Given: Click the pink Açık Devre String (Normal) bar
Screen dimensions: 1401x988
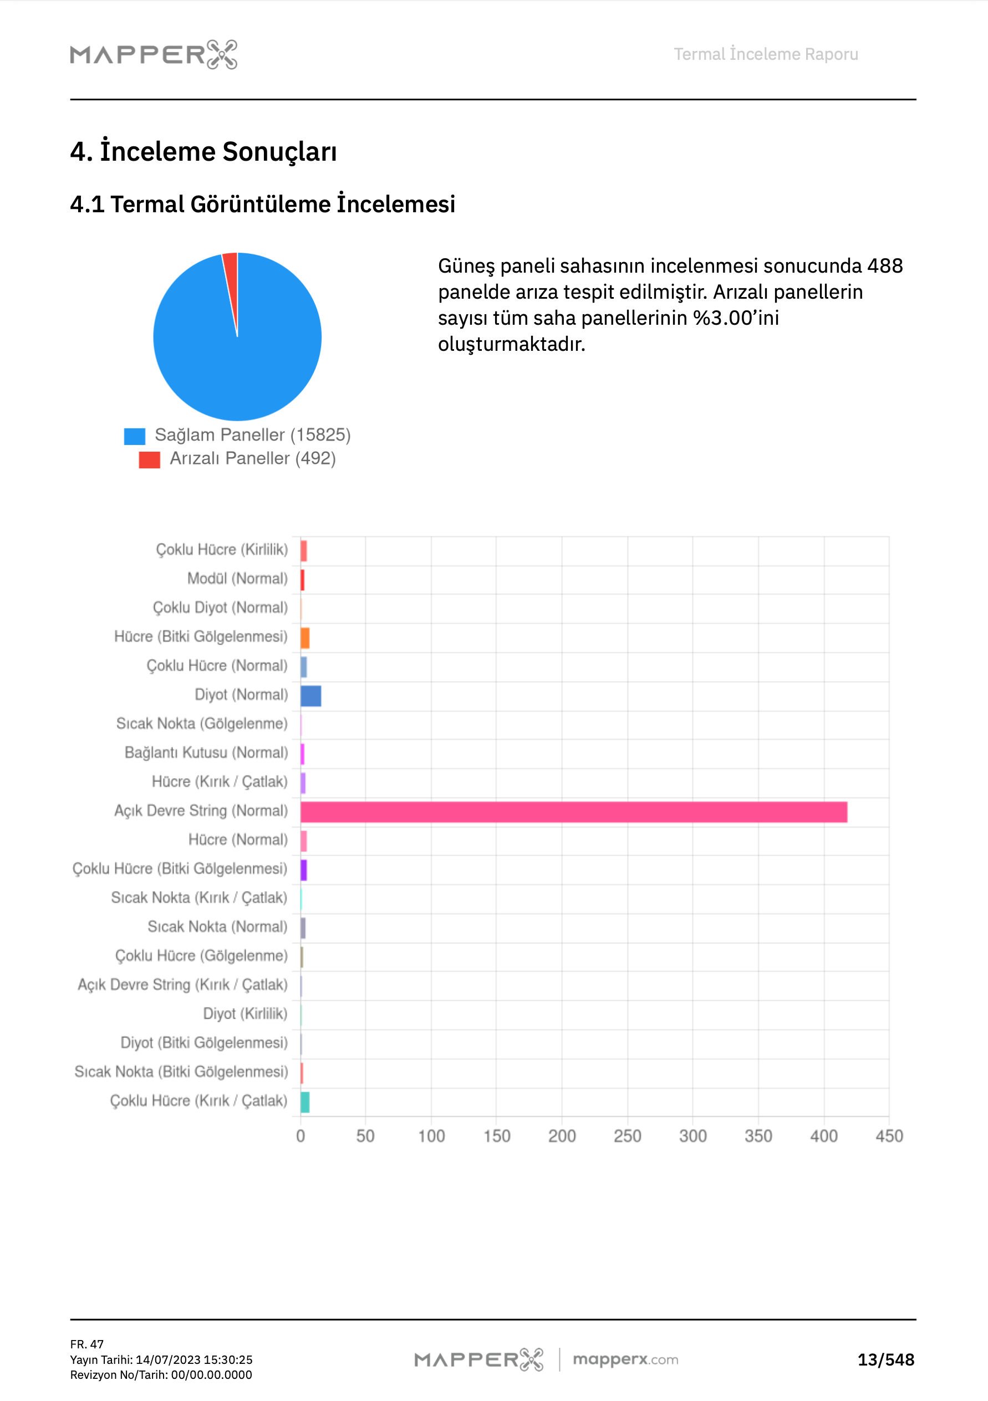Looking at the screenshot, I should (x=573, y=811).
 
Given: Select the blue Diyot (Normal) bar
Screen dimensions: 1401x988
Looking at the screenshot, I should (x=311, y=696).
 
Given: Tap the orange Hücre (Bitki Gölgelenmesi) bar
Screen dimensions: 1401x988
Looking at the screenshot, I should (x=305, y=638).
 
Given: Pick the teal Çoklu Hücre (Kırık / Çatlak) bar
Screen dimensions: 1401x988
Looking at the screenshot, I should (x=305, y=1102).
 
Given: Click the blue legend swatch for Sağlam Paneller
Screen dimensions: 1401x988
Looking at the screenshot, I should (x=134, y=436).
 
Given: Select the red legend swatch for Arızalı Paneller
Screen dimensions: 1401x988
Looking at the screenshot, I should (x=149, y=459).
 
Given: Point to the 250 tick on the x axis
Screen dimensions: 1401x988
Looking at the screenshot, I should (x=627, y=1136).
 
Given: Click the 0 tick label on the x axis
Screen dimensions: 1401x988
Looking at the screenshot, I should (x=301, y=1136).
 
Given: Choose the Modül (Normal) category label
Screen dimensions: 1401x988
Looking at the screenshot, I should (x=237, y=579).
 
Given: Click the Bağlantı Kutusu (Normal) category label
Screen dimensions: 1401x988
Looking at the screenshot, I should (x=206, y=753).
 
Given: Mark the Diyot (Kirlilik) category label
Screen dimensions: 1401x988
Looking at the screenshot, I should (x=245, y=1014).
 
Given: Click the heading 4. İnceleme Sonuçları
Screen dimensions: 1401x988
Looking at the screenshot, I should (x=203, y=151).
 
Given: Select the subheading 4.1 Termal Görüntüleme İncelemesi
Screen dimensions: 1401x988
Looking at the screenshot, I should (x=263, y=204).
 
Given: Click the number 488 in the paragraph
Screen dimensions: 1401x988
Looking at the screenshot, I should (x=885, y=266).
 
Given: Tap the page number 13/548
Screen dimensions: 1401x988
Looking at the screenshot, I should (x=885, y=1359).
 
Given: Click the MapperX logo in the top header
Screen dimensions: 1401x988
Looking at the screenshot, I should (x=154, y=54).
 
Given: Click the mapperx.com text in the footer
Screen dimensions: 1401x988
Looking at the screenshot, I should (x=625, y=1359).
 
